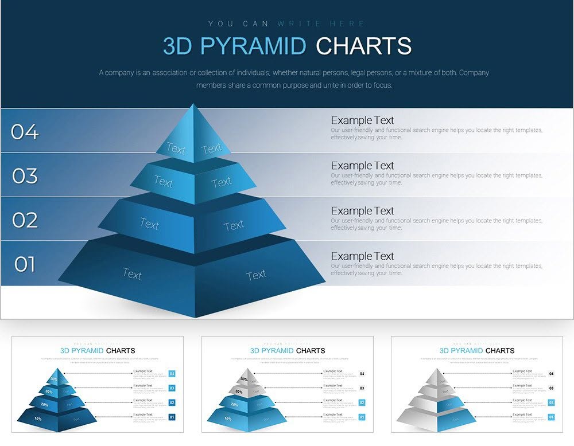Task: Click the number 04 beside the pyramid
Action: [x=25, y=132]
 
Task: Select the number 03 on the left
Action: [x=25, y=176]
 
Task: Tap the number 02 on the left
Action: [x=25, y=220]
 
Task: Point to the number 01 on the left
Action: [x=25, y=264]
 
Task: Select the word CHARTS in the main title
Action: [x=363, y=46]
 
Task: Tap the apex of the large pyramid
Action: [x=193, y=105]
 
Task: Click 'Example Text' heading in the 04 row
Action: [x=362, y=120]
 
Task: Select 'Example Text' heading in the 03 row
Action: [x=362, y=166]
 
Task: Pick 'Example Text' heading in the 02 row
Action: [x=362, y=211]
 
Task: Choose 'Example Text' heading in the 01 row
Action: [x=362, y=256]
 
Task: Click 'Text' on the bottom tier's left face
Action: [x=132, y=274]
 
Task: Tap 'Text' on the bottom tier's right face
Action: [x=256, y=275]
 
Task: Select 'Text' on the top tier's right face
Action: [x=211, y=149]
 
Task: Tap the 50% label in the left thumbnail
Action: [x=54, y=379]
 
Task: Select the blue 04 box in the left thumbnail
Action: [x=172, y=374]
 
